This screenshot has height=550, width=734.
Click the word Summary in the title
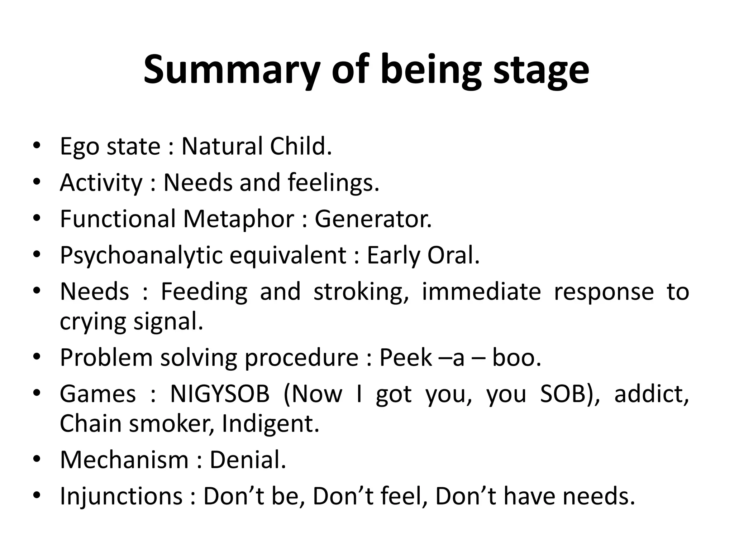pos(232,70)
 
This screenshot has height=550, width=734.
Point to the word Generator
pos(373,219)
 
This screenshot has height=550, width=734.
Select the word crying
pos(93,322)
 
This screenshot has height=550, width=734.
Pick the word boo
pos(516,358)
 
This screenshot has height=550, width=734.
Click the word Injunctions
pos(121,496)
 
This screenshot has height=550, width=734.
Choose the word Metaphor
pos(239,219)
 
